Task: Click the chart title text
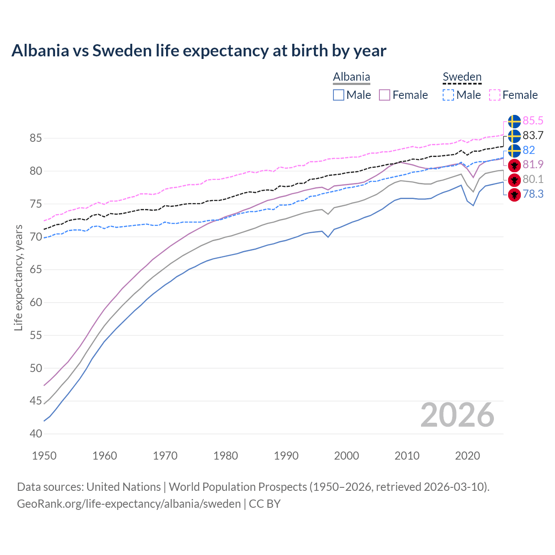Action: click(x=199, y=51)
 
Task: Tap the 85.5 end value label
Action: click(x=533, y=121)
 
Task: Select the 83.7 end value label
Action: click(x=533, y=135)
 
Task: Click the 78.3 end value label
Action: click(x=533, y=194)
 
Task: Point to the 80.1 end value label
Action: click(x=533, y=179)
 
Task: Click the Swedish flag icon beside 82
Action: click(x=514, y=150)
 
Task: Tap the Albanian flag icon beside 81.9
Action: click(x=514, y=165)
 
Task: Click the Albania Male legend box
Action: click(x=339, y=95)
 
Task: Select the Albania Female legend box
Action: click(x=385, y=95)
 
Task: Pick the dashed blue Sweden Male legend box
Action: click(x=448, y=95)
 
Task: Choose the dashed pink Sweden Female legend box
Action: click(x=495, y=95)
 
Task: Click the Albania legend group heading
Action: click(x=351, y=77)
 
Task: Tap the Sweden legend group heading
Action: click(x=462, y=77)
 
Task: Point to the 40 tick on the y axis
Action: click(x=36, y=434)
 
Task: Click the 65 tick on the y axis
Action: click(x=36, y=270)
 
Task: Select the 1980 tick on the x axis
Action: click(x=225, y=456)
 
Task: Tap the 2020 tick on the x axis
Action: click(x=467, y=456)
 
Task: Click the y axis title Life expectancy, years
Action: click(x=19, y=277)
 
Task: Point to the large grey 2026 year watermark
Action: click(x=457, y=415)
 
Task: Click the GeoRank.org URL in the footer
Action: click(x=129, y=504)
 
